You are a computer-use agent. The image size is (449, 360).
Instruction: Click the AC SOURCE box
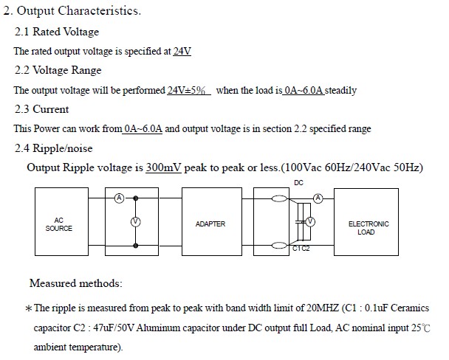(x=64, y=224)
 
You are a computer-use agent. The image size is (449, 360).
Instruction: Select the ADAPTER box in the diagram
(x=210, y=224)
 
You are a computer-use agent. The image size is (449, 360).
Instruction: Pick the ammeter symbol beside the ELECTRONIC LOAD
(x=318, y=198)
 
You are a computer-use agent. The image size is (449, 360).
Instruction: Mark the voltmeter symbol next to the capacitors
(x=310, y=221)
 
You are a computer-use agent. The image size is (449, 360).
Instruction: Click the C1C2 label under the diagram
(x=301, y=249)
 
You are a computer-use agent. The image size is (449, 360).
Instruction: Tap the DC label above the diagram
(x=298, y=181)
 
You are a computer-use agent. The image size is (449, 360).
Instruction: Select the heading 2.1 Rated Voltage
(x=57, y=32)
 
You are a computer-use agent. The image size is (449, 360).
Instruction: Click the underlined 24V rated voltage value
(x=182, y=52)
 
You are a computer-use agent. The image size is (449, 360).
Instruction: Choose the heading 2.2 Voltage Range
(x=58, y=70)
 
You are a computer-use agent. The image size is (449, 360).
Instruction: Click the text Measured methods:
(x=76, y=283)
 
